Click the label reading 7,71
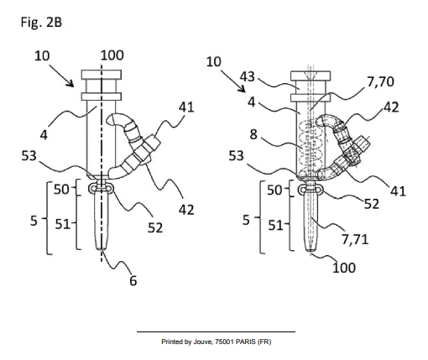click(x=358, y=239)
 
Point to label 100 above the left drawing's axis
click(x=112, y=55)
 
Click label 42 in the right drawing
click(x=390, y=107)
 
